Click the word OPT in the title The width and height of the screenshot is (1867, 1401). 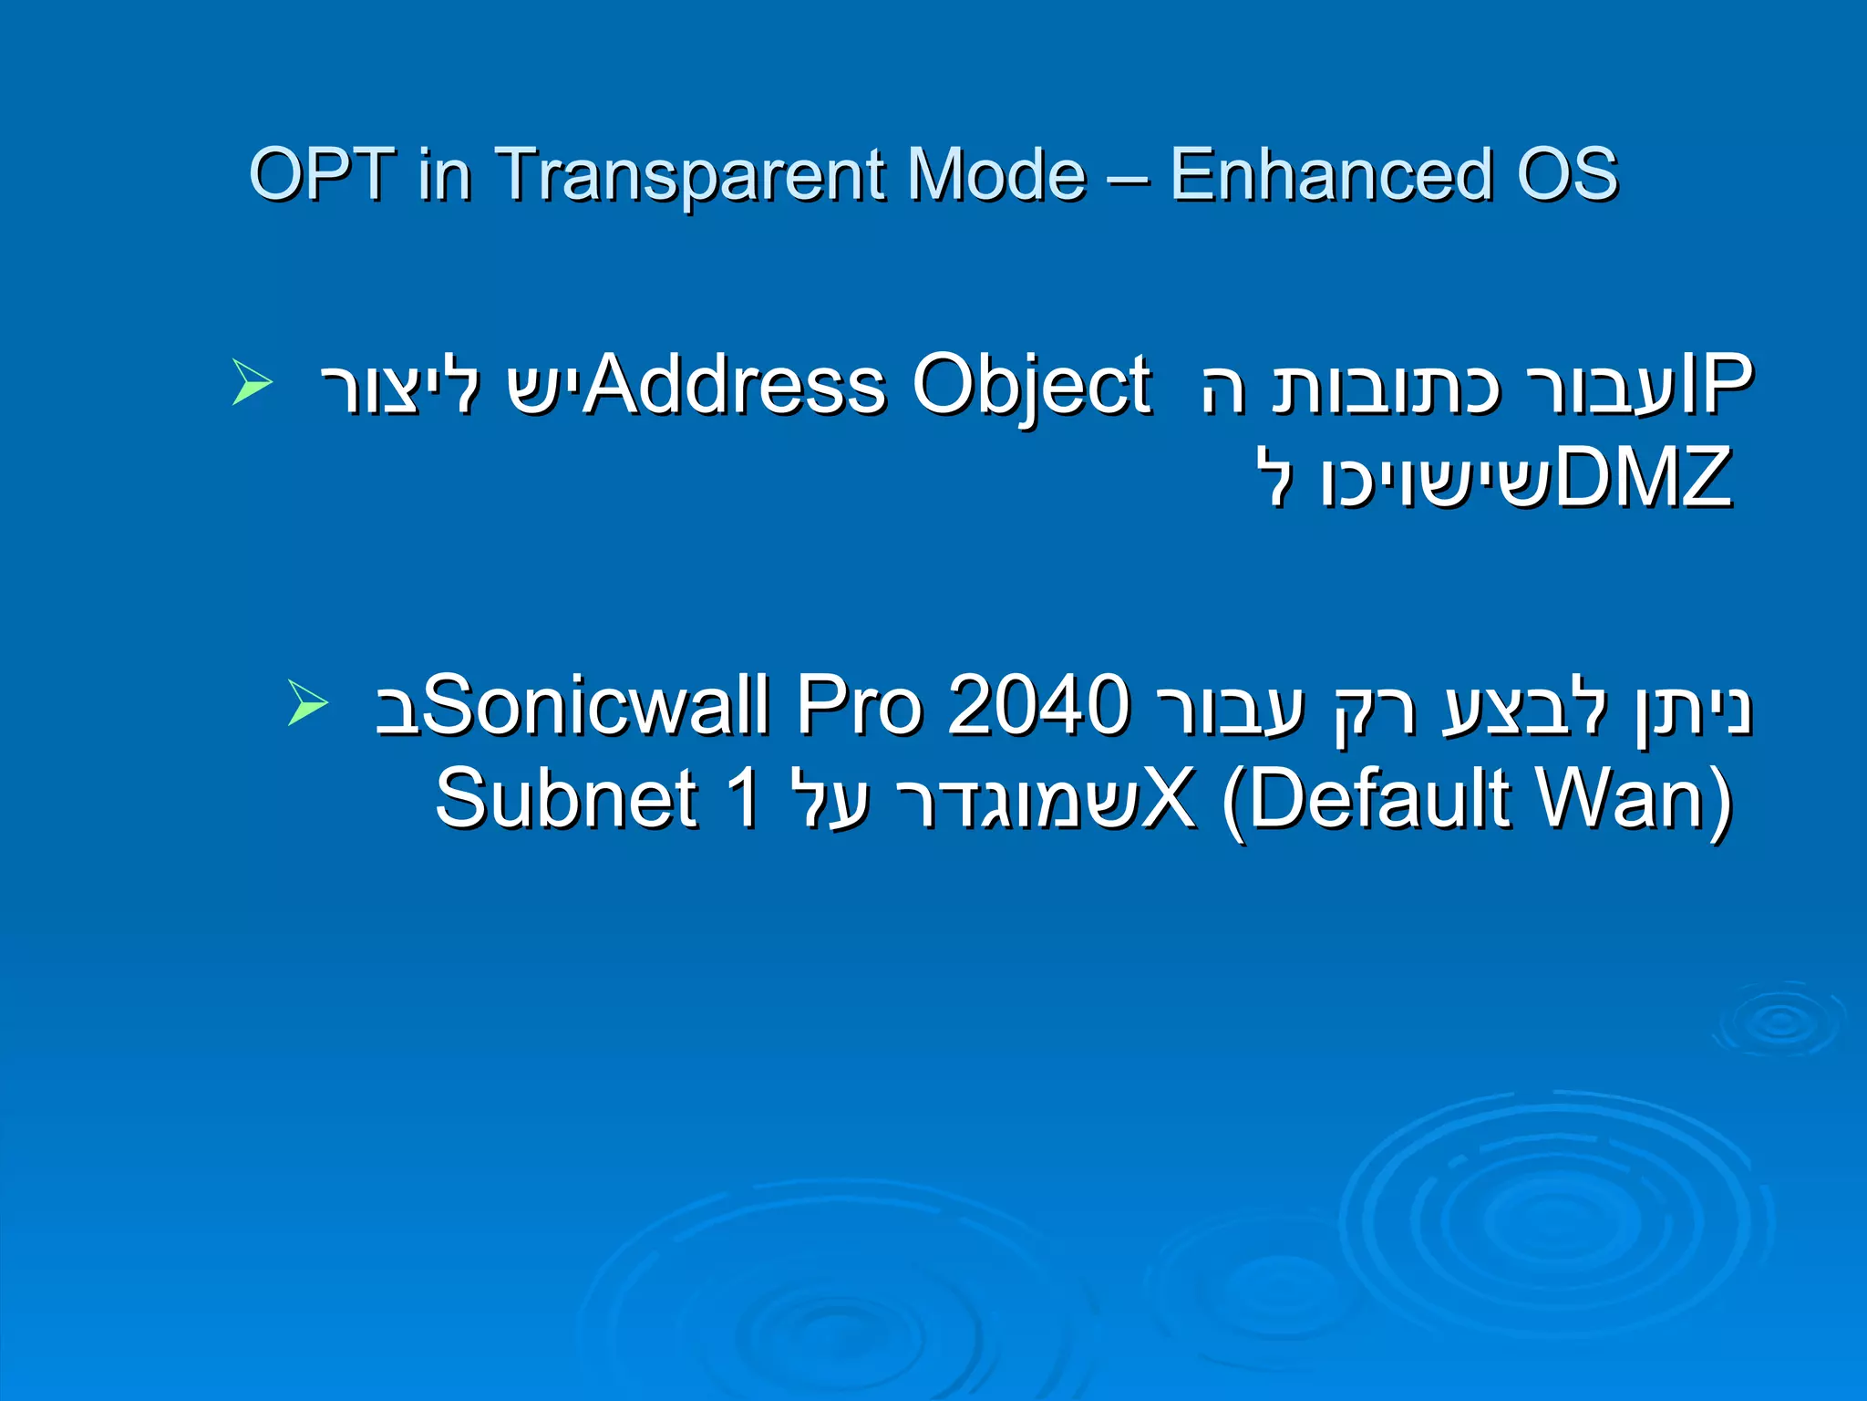point(321,174)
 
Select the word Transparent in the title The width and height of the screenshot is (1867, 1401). point(688,174)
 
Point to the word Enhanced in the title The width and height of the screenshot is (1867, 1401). point(1331,174)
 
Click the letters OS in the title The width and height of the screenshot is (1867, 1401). point(1567,174)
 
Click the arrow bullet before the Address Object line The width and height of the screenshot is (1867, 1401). point(252,382)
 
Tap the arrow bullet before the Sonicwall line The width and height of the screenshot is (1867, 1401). point(307,702)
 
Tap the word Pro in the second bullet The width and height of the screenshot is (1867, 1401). point(861,706)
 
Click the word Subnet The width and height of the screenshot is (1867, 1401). point(566,799)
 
